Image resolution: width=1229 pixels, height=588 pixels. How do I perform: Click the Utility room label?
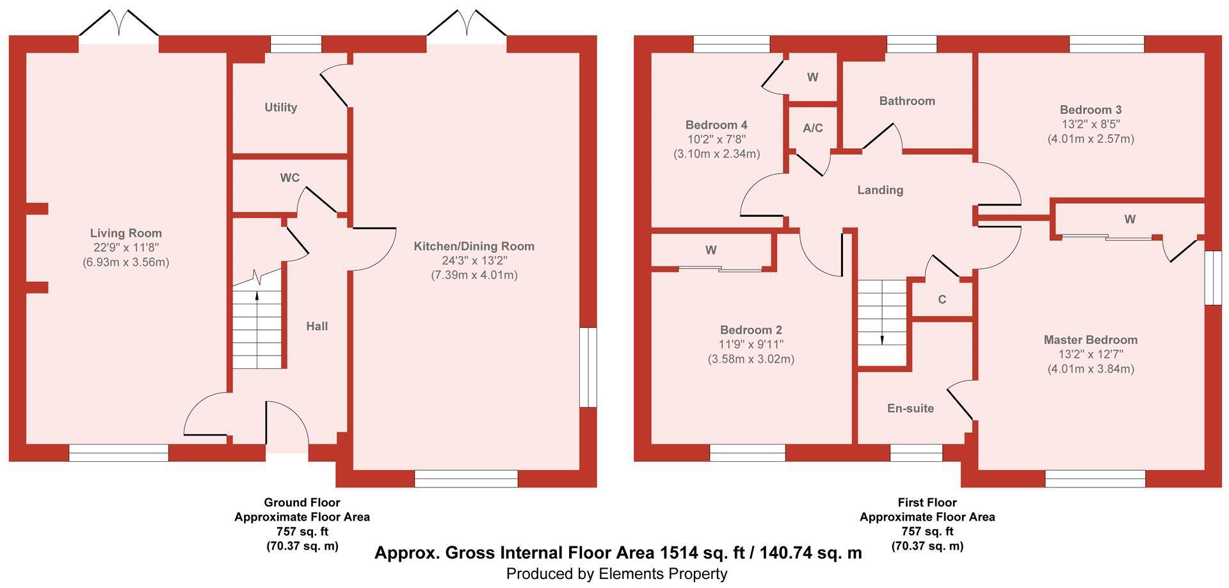(281, 108)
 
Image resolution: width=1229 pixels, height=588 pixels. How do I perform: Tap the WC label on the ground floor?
(290, 177)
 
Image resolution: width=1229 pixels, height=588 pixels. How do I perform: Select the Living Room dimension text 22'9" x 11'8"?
(126, 247)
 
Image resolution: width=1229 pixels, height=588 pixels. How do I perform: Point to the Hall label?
(317, 326)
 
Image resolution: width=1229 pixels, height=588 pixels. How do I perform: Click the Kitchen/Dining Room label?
(474, 246)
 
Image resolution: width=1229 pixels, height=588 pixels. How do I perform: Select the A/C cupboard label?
(813, 128)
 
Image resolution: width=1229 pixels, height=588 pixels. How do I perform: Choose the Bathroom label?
(907, 101)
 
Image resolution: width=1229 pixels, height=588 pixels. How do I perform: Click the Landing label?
(880, 190)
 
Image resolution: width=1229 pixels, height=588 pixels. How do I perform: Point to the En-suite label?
(910, 408)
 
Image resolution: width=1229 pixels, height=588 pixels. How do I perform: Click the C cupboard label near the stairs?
(942, 299)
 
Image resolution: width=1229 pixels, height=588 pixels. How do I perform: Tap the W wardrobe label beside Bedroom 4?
(812, 77)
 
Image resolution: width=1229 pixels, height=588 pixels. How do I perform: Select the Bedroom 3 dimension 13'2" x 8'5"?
(1091, 124)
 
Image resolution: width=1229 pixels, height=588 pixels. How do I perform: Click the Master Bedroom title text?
(1091, 339)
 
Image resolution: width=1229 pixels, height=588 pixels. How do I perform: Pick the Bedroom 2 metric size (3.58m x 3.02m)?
(751, 359)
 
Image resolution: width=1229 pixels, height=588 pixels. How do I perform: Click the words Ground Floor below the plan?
(302, 502)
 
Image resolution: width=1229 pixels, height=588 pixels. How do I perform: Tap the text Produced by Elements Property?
(616, 574)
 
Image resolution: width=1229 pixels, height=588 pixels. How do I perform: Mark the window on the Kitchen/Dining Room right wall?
(588, 368)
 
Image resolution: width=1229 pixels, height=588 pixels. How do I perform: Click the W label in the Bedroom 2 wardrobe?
(711, 250)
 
